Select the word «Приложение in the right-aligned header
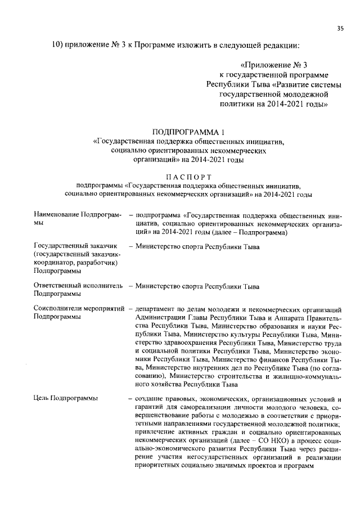tap(263, 65)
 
